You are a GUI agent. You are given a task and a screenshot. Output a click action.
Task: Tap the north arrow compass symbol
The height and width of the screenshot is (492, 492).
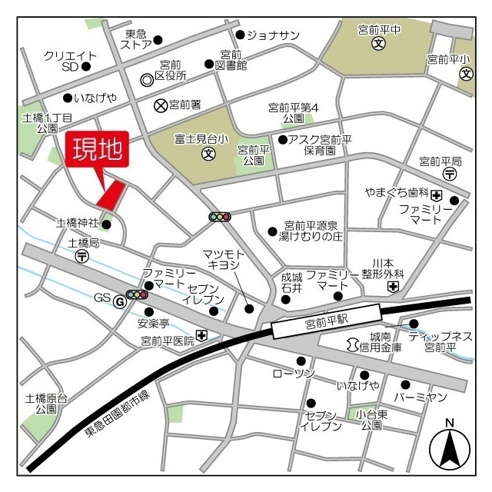(450, 448)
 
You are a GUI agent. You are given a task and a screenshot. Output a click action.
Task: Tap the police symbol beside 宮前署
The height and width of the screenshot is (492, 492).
(160, 105)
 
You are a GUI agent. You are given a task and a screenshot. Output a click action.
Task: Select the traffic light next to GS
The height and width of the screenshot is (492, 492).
(138, 294)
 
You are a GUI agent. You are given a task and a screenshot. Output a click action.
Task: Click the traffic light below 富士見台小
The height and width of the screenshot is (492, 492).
(220, 217)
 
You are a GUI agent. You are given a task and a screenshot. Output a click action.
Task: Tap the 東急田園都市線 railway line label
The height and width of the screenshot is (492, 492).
(117, 417)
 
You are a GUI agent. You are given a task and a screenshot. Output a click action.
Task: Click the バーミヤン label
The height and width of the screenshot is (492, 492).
(420, 397)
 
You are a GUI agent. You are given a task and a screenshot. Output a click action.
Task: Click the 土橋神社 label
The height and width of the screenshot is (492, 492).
(77, 223)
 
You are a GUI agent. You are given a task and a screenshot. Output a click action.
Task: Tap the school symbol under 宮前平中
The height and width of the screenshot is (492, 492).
(378, 44)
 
